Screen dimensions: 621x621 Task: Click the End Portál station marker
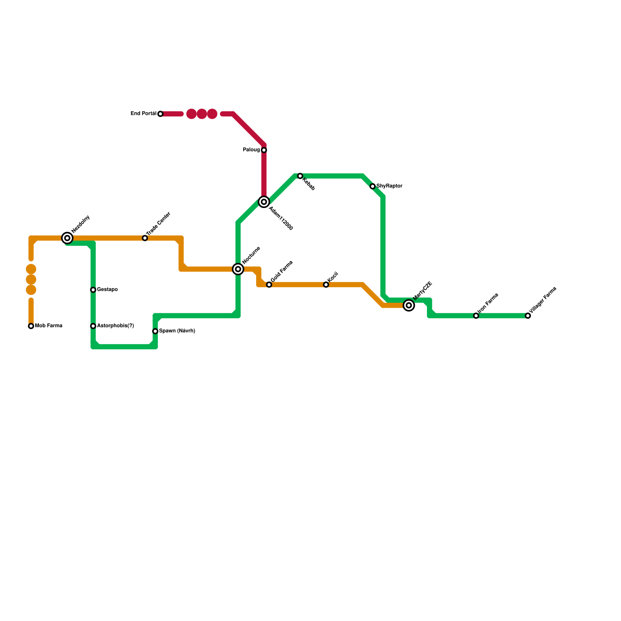[160, 114]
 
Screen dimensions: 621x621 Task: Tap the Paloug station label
[251, 150]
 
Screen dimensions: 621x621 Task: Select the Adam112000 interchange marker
[264, 202]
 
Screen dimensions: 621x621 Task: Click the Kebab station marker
[300, 176]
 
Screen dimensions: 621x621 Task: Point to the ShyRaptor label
[389, 186]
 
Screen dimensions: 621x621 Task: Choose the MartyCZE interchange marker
[409, 305]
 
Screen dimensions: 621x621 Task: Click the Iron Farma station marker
[476, 316]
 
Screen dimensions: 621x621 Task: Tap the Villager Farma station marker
[528, 316]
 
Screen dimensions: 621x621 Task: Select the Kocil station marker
[326, 285]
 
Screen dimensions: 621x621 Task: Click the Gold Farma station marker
[269, 285]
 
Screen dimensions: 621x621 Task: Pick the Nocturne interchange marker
[238, 269]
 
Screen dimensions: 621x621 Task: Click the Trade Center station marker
[145, 238]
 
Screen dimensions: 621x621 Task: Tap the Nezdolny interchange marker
[67, 238]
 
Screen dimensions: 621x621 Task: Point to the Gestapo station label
[107, 290]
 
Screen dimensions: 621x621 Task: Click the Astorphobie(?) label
[115, 326]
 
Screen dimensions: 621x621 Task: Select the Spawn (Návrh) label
[177, 331]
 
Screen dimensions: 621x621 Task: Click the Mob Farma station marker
[31, 326]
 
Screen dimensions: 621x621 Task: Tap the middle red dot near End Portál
[201, 114]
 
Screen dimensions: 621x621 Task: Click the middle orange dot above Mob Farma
[31, 279]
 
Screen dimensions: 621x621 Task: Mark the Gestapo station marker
[93, 290]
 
